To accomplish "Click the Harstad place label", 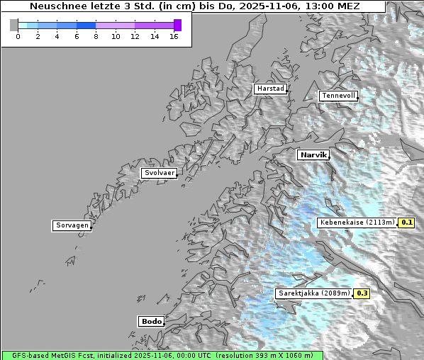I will click(x=269, y=89).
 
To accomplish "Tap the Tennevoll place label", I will click(x=338, y=96).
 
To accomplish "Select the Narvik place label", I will click(x=313, y=154).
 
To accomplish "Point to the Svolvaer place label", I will click(x=159, y=173).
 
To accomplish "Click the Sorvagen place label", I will click(x=72, y=225).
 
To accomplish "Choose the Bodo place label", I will click(x=151, y=321).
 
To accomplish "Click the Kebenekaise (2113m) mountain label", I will click(x=357, y=223).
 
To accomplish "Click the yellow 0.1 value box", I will click(x=406, y=223).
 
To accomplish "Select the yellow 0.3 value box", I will click(x=362, y=293).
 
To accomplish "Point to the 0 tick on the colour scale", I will click(x=18, y=36).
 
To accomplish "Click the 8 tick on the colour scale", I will click(x=96, y=36).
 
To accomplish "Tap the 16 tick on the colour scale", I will click(x=174, y=36).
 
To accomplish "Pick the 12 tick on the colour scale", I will click(x=135, y=36).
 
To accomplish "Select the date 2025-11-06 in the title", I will click(x=269, y=6).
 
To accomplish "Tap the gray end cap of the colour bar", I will click(x=13, y=25).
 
